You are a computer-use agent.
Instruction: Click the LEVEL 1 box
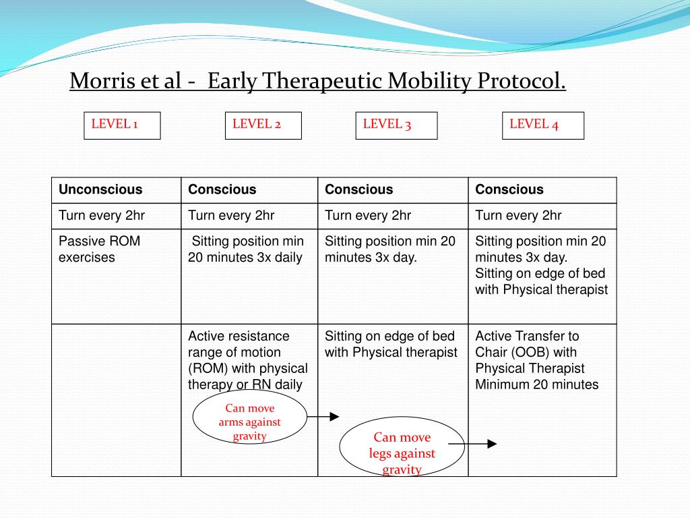(122, 125)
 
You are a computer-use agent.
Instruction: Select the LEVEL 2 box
(263, 125)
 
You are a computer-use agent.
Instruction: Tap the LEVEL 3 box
(396, 125)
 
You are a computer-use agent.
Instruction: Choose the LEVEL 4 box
(543, 125)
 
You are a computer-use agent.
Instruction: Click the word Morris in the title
(100, 82)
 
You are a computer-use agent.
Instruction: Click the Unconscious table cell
(100, 190)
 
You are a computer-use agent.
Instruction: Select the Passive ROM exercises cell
(99, 249)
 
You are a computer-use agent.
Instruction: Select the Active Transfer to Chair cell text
(536, 360)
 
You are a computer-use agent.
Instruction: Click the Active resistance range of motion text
(247, 360)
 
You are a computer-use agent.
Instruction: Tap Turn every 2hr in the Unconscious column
(101, 216)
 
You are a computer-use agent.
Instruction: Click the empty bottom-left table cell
(116, 400)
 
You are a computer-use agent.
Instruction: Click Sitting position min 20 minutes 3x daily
(247, 249)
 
